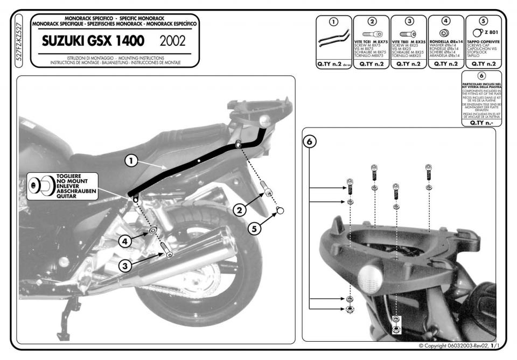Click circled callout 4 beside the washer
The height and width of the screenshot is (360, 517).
pyautogui.click(x=124, y=242)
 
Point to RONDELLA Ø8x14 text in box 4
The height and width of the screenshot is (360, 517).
pyautogui.click(x=445, y=41)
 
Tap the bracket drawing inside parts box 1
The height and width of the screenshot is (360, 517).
pyautogui.click(x=333, y=40)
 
